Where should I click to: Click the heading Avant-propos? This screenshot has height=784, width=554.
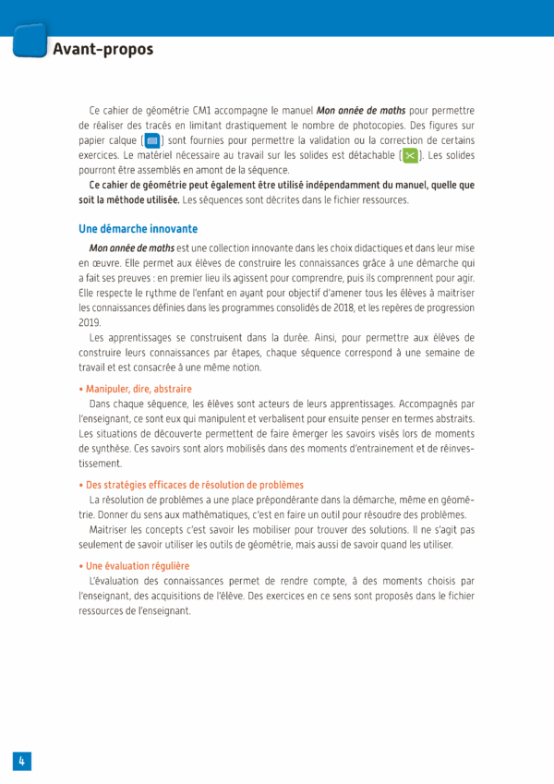(x=102, y=49)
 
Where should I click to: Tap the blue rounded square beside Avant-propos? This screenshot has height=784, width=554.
(x=30, y=42)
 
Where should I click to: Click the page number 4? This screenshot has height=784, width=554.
(x=21, y=760)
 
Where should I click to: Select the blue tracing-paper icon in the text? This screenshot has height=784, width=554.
(x=152, y=140)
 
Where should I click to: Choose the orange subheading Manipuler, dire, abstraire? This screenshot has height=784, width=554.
(x=135, y=389)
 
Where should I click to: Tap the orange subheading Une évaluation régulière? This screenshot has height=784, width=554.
(x=134, y=565)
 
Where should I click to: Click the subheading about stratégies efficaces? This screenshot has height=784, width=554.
(x=191, y=485)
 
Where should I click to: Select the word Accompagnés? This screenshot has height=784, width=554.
(x=430, y=404)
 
